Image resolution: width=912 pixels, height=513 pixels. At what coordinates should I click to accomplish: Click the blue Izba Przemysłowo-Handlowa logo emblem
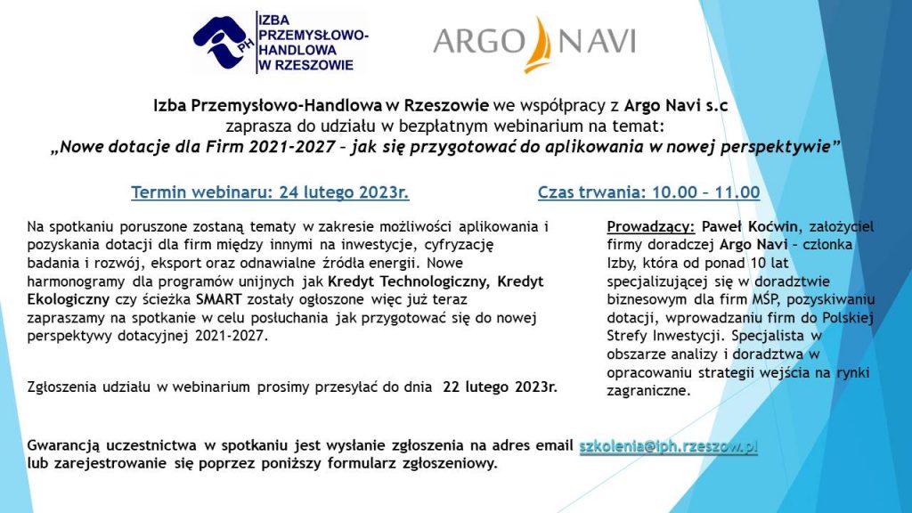[x=222, y=42]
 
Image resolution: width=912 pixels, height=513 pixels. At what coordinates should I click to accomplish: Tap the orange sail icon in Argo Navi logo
[x=540, y=44]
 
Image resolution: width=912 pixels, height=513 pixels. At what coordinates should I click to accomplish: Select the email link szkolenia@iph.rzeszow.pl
[x=668, y=446]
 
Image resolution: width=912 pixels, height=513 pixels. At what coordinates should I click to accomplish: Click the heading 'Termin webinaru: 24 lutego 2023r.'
[x=270, y=191]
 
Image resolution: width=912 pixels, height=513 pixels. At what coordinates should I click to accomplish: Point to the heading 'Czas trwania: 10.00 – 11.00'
[x=648, y=191]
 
